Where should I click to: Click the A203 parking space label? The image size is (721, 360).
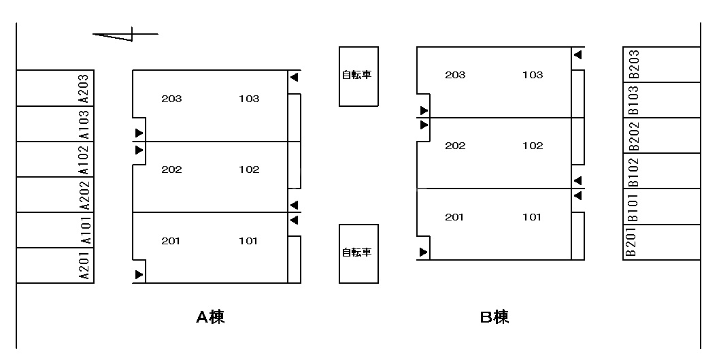(x=84, y=88)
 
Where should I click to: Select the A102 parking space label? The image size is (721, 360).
(x=84, y=159)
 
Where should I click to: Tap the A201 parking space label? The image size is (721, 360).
(x=84, y=265)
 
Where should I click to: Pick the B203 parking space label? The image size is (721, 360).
(x=633, y=65)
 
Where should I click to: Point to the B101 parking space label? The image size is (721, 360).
(x=633, y=207)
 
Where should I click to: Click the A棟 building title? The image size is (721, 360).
(x=210, y=317)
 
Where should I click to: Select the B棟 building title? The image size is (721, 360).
(x=494, y=317)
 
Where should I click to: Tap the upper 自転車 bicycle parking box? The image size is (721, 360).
(x=358, y=76)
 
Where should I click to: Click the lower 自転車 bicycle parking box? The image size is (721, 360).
(x=358, y=252)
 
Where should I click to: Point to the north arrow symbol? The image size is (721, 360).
(x=125, y=34)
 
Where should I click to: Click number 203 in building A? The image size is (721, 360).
(x=171, y=99)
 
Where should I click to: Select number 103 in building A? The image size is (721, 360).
(x=249, y=99)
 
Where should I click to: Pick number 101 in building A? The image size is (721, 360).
(x=249, y=240)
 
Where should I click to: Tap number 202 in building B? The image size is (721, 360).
(x=455, y=146)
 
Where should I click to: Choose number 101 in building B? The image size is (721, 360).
(x=532, y=217)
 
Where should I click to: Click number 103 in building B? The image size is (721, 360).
(x=533, y=75)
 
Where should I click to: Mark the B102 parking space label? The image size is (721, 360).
(x=633, y=171)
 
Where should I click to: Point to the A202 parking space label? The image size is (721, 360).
(x=84, y=195)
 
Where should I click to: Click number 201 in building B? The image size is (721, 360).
(x=454, y=217)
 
